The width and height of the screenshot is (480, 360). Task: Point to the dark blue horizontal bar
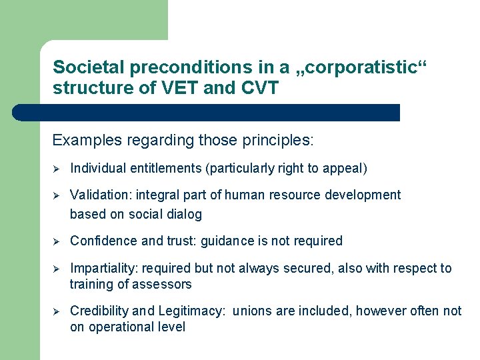click(207, 112)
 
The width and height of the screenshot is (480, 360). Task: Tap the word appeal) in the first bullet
click(344, 169)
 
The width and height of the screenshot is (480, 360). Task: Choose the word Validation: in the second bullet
click(101, 195)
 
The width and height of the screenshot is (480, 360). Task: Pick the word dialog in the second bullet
click(186, 215)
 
